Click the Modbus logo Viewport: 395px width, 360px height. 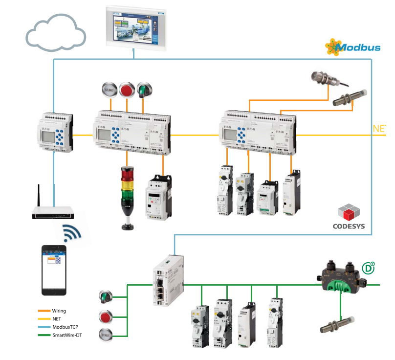pyautogui.click(x=353, y=47)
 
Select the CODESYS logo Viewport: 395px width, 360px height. pyautogui.click(x=349, y=218)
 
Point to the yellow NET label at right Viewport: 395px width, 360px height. pyautogui.click(x=379, y=129)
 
